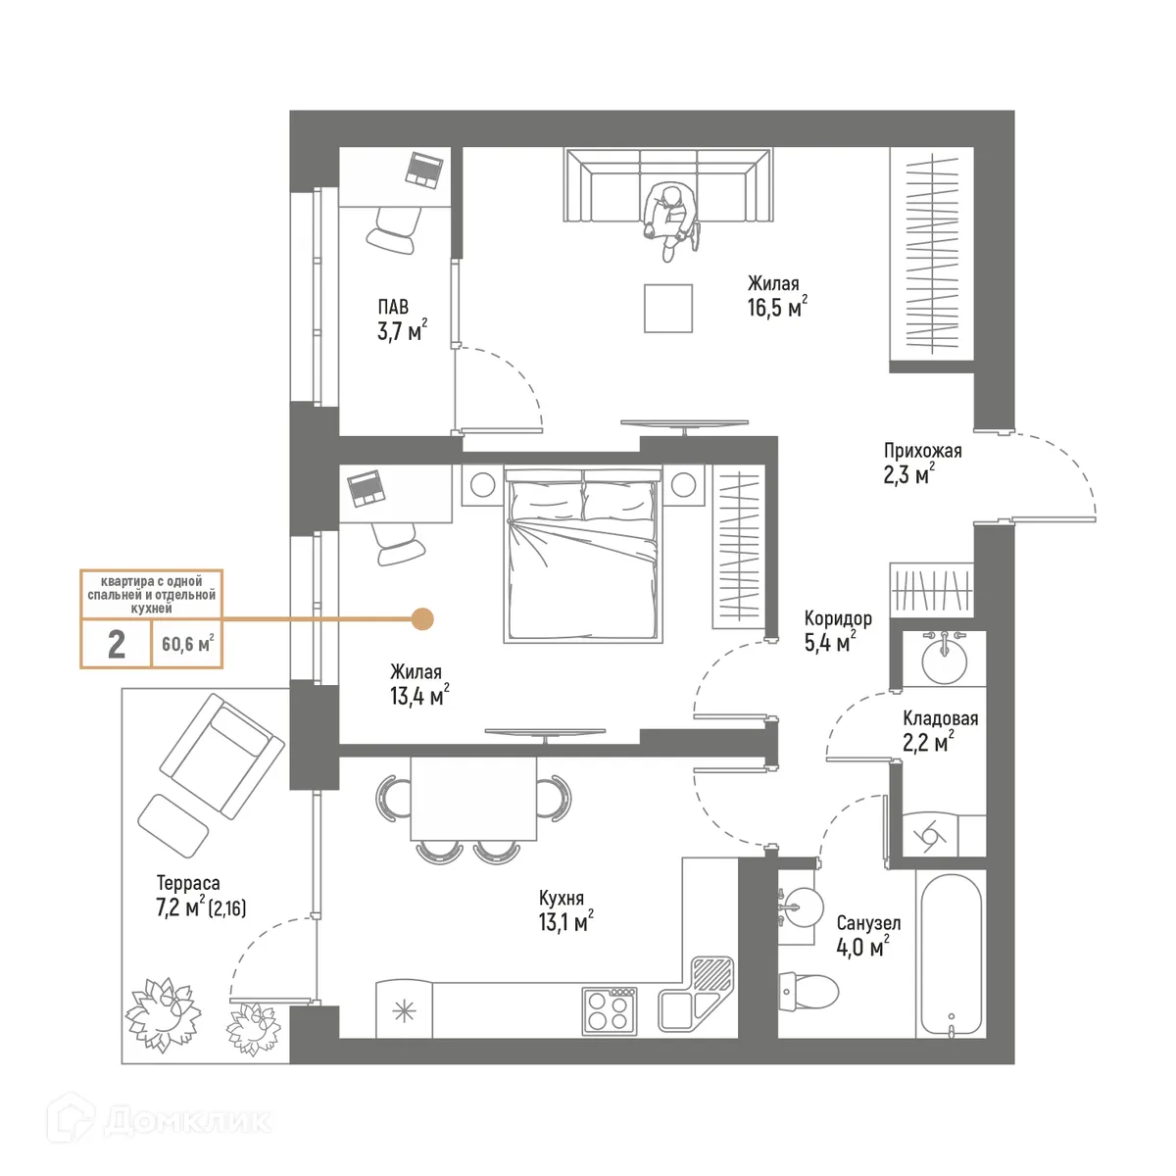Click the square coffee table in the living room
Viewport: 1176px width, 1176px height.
tap(668, 308)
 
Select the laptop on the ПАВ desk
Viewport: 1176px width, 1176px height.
tap(425, 168)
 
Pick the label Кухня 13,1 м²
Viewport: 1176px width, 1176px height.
tap(564, 910)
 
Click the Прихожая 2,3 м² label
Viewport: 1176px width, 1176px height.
tap(921, 464)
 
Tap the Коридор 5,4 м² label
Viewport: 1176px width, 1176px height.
tap(837, 631)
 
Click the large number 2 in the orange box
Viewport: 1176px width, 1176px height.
tap(117, 644)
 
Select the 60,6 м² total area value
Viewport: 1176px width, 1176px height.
tap(187, 644)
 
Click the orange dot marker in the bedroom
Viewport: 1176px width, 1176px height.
tap(422, 618)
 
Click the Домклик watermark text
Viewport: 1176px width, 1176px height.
tap(186, 1120)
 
